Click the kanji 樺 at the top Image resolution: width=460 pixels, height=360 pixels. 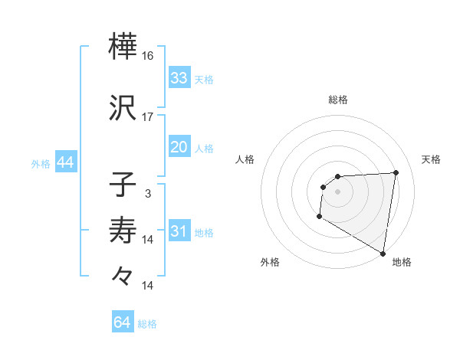[124, 47]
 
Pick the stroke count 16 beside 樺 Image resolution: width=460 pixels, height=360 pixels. [149, 56]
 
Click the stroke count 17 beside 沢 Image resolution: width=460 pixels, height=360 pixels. [149, 116]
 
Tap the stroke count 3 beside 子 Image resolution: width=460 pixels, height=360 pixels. [147, 194]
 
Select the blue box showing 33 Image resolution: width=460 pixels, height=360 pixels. [179, 78]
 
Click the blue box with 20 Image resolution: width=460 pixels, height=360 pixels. [179, 147]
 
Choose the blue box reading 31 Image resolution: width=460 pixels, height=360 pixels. [179, 232]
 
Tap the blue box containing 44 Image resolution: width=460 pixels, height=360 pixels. [65, 163]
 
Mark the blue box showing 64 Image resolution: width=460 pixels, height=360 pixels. [122, 322]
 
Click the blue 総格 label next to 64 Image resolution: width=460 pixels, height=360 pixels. [147, 324]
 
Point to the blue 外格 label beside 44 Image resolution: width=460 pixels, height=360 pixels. [41, 164]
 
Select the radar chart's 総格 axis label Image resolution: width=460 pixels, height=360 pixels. [338, 100]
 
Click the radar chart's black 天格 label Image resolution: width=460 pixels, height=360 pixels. [431, 159]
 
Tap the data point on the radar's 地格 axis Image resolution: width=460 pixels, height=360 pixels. [383, 254]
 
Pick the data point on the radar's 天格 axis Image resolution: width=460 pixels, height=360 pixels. [396, 172]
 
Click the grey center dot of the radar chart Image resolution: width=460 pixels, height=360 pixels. [338, 191]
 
